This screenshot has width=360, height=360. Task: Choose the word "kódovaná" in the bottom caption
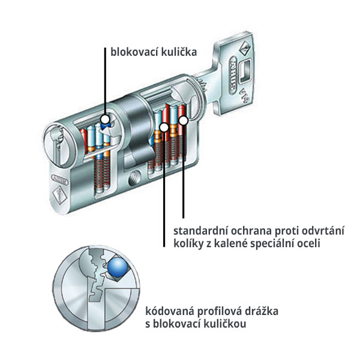(169, 312)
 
